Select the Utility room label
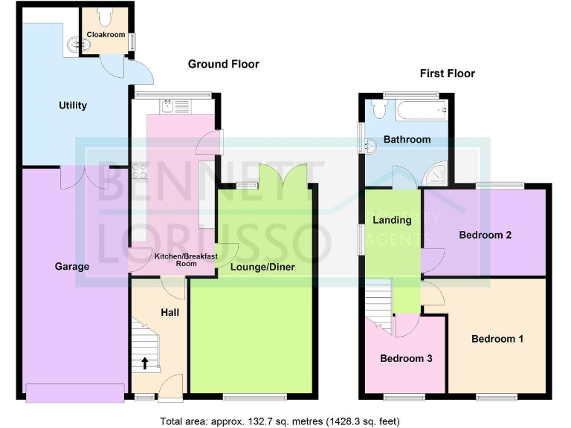[73, 106]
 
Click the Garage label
[72, 266]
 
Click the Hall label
[170, 313]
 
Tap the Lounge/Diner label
[262, 267]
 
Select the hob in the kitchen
[139, 171]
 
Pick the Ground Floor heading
[223, 65]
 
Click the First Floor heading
[447, 74]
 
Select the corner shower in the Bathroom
[436, 175]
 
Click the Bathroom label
[407, 140]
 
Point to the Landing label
[392, 220]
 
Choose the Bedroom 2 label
[485, 236]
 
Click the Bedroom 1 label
[497, 339]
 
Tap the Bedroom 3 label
[406, 358]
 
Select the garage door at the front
[74, 392]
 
